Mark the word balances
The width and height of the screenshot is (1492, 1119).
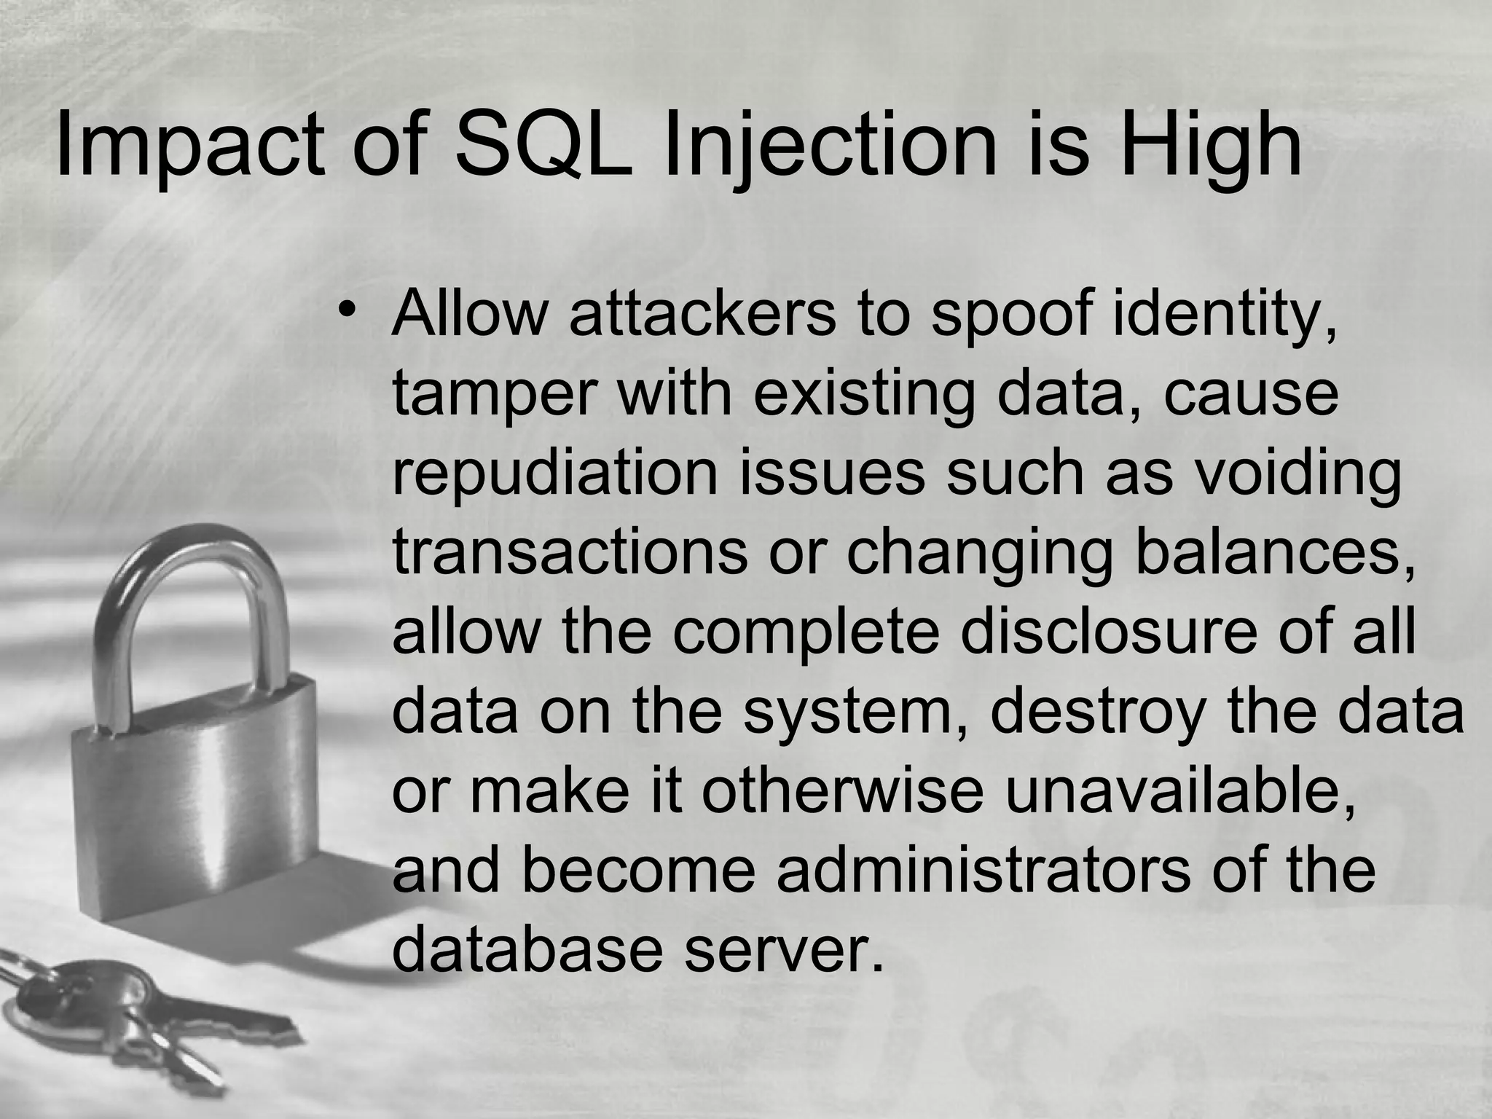point(1275,553)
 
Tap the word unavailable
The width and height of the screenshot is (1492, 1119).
point(1181,791)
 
